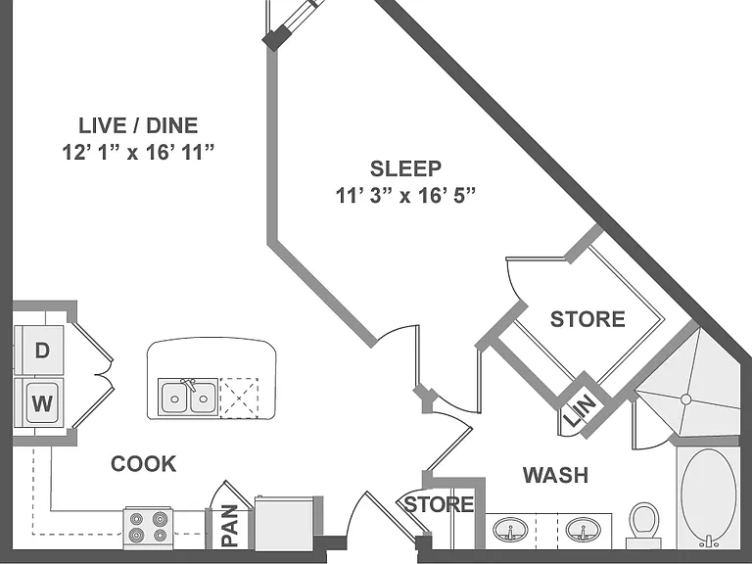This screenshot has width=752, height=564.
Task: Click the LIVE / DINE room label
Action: pyautogui.click(x=138, y=125)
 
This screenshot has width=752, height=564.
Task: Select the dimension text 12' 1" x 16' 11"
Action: pyautogui.click(x=138, y=153)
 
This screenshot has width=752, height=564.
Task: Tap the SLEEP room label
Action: pyautogui.click(x=405, y=168)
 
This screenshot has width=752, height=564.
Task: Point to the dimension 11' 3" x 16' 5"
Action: pyautogui.click(x=405, y=196)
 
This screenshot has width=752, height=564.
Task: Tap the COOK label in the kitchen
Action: pyautogui.click(x=143, y=464)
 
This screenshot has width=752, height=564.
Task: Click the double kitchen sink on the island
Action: pyautogui.click(x=188, y=398)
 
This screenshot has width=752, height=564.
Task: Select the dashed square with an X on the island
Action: pyautogui.click(x=239, y=399)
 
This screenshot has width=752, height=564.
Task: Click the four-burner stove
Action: pyautogui.click(x=148, y=527)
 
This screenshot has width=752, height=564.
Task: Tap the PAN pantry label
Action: pyautogui.click(x=230, y=526)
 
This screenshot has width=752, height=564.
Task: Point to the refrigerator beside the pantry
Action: pyautogui.click(x=284, y=523)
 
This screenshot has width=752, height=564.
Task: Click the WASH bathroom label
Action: pyautogui.click(x=556, y=475)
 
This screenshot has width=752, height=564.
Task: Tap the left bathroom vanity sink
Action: pyautogui.click(x=510, y=530)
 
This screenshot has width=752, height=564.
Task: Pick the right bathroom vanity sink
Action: pyautogui.click(x=584, y=530)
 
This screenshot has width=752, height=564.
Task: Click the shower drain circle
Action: pyautogui.click(x=685, y=399)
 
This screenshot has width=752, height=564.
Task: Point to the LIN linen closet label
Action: pyautogui.click(x=580, y=410)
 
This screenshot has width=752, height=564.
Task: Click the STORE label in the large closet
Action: pyautogui.click(x=587, y=319)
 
